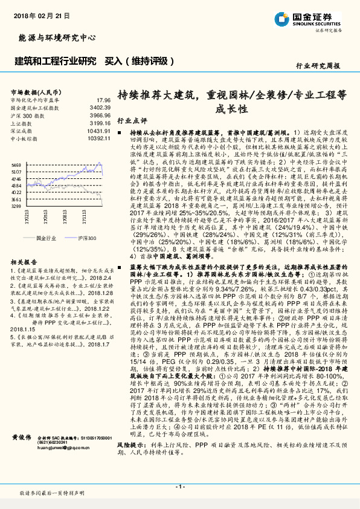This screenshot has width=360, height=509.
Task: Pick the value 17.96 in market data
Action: pos(103,99)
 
